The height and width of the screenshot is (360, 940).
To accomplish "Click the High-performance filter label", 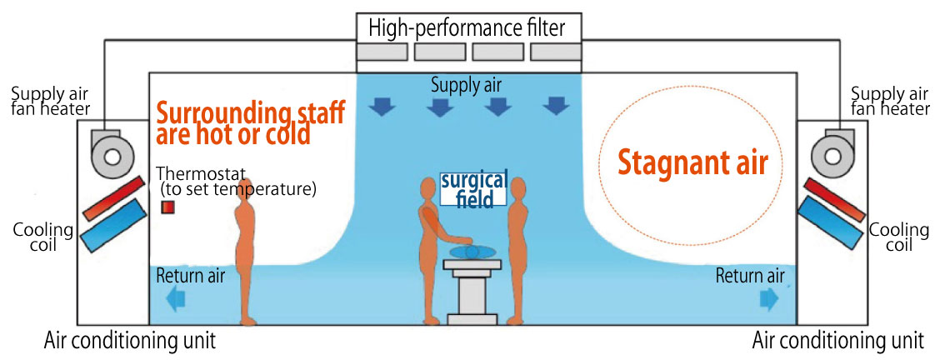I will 467,28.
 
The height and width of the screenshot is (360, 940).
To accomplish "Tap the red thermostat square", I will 167,206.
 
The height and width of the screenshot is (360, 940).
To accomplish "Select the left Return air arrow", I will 176,299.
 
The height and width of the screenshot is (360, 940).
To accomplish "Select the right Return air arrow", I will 768,298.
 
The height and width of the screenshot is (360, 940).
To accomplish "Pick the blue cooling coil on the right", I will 829,223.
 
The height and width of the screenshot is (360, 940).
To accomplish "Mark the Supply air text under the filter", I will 467,84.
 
